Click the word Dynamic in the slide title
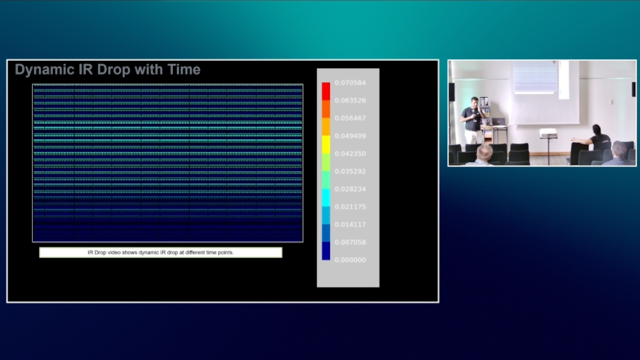pos(41,70)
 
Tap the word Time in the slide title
pos(184,70)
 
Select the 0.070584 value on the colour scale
pos(350,83)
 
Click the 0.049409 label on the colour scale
pos(350,136)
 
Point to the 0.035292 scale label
pos(350,171)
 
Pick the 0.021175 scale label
pos(350,207)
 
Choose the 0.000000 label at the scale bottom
pos(350,260)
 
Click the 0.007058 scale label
pos(350,242)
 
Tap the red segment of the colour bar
pos(326,91)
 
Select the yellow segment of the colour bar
pos(326,144)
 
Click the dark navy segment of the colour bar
pos(326,251)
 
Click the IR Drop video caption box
pos(161,253)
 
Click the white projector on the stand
pos(548,133)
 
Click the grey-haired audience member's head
pos(485,152)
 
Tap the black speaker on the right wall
pos(633,89)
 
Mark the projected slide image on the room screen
pos(534,77)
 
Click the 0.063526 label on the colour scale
pos(350,101)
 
